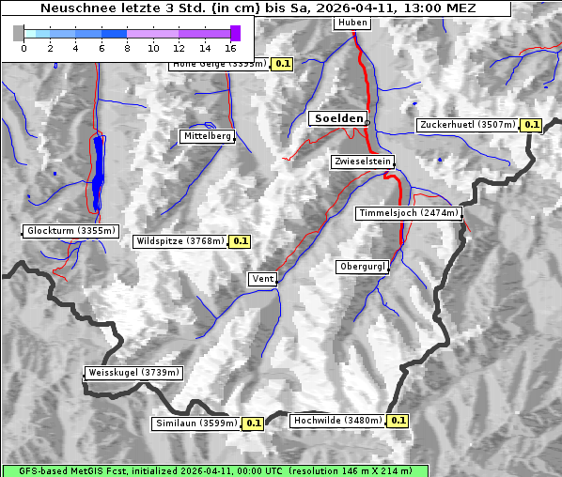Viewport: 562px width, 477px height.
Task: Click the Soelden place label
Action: [x=337, y=118]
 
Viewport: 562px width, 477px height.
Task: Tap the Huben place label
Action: [x=352, y=23]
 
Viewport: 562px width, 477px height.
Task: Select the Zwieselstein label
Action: [x=361, y=162]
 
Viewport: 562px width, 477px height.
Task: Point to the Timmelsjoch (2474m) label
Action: [x=409, y=213]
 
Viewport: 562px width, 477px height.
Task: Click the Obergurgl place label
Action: [x=362, y=267]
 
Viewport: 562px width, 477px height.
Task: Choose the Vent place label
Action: [x=262, y=279]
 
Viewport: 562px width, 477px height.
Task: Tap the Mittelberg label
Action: [x=207, y=136]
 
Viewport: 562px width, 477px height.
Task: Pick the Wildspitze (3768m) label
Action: [x=180, y=241]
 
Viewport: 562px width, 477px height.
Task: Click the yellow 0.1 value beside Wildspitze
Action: [x=241, y=241]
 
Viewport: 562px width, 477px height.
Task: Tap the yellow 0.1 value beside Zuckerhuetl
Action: [x=532, y=125]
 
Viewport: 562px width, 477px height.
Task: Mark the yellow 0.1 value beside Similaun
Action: [x=253, y=423]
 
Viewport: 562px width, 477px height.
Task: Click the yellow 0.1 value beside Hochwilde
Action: [x=398, y=421]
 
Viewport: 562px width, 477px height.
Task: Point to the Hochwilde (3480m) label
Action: [x=337, y=421]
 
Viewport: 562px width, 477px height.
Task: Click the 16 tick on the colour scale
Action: [x=231, y=48]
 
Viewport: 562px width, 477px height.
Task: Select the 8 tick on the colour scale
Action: [x=127, y=48]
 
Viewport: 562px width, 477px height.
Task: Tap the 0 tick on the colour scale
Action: [x=23, y=48]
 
